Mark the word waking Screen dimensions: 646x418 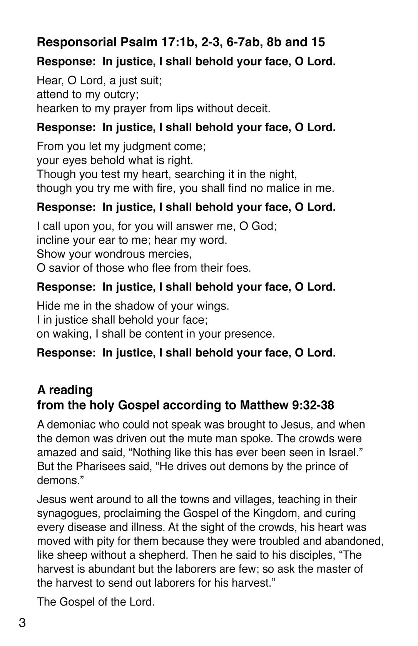coord(72,334)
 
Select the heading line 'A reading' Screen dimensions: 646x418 coord(65,390)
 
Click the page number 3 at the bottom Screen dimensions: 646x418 coord(22,623)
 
